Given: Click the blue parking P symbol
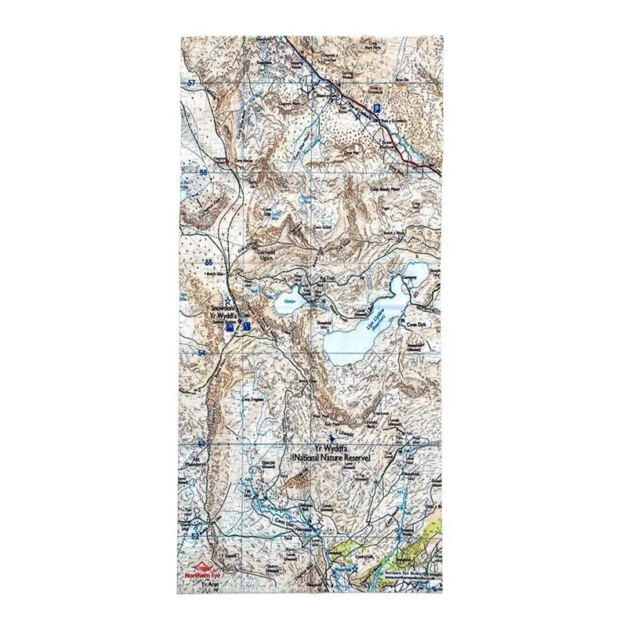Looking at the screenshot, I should [x=378, y=108].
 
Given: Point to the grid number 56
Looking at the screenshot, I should [x=203, y=172].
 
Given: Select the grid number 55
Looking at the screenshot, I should [x=209, y=262].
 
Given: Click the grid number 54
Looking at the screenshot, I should [x=203, y=353].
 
